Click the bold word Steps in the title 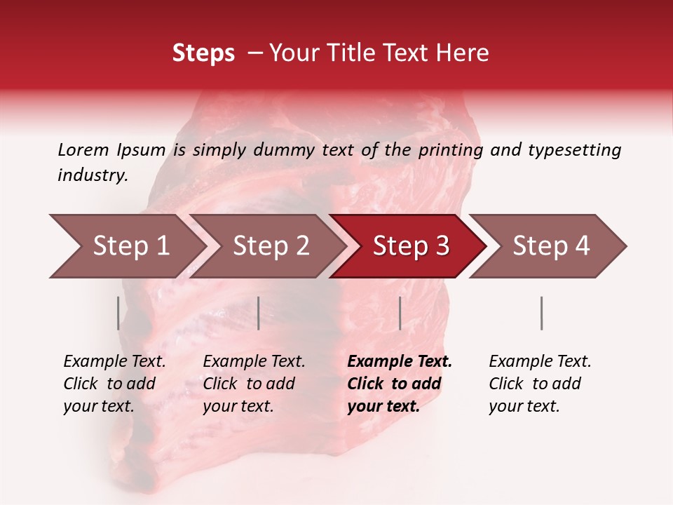(203, 53)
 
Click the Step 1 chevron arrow (130, 246)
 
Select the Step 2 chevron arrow (271, 246)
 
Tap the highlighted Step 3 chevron (411, 246)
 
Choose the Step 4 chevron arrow (551, 246)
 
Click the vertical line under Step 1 (118, 313)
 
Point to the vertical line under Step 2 (259, 313)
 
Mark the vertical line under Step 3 (400, 313)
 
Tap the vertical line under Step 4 (541, 313)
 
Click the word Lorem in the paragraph (83, 149)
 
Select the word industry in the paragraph (92, 175)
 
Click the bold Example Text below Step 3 (400, 362)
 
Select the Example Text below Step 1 (114, 362)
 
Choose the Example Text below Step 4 (540, 362)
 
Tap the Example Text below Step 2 (254, 362)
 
